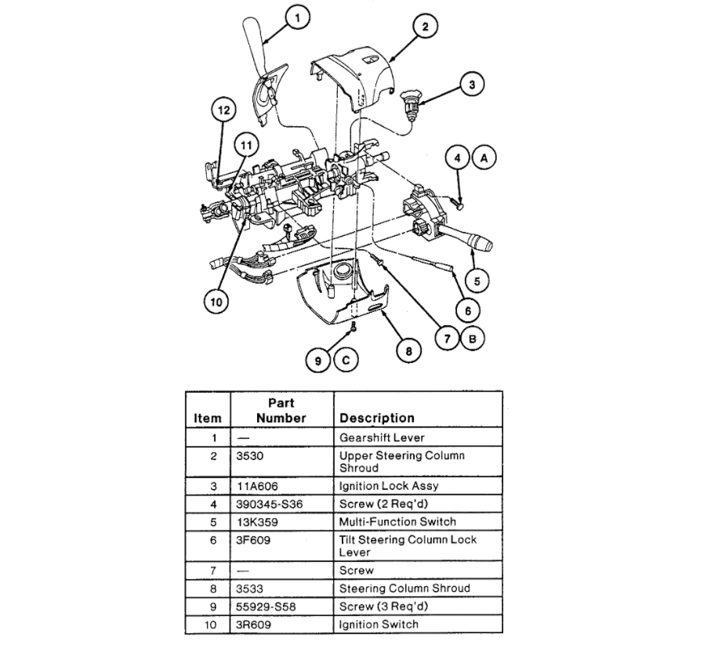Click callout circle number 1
click(297, 16)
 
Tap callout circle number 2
click(424, 27)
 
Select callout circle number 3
click(472, 83)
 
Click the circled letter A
click(484, 158)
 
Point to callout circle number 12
click(223, 111)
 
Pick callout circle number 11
click(247, 145)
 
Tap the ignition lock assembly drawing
click(410, 101)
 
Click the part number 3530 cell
click(252, 455)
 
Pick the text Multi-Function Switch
click(397, 521)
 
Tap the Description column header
click(376, 418)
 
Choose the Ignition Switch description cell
click(379, 624)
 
